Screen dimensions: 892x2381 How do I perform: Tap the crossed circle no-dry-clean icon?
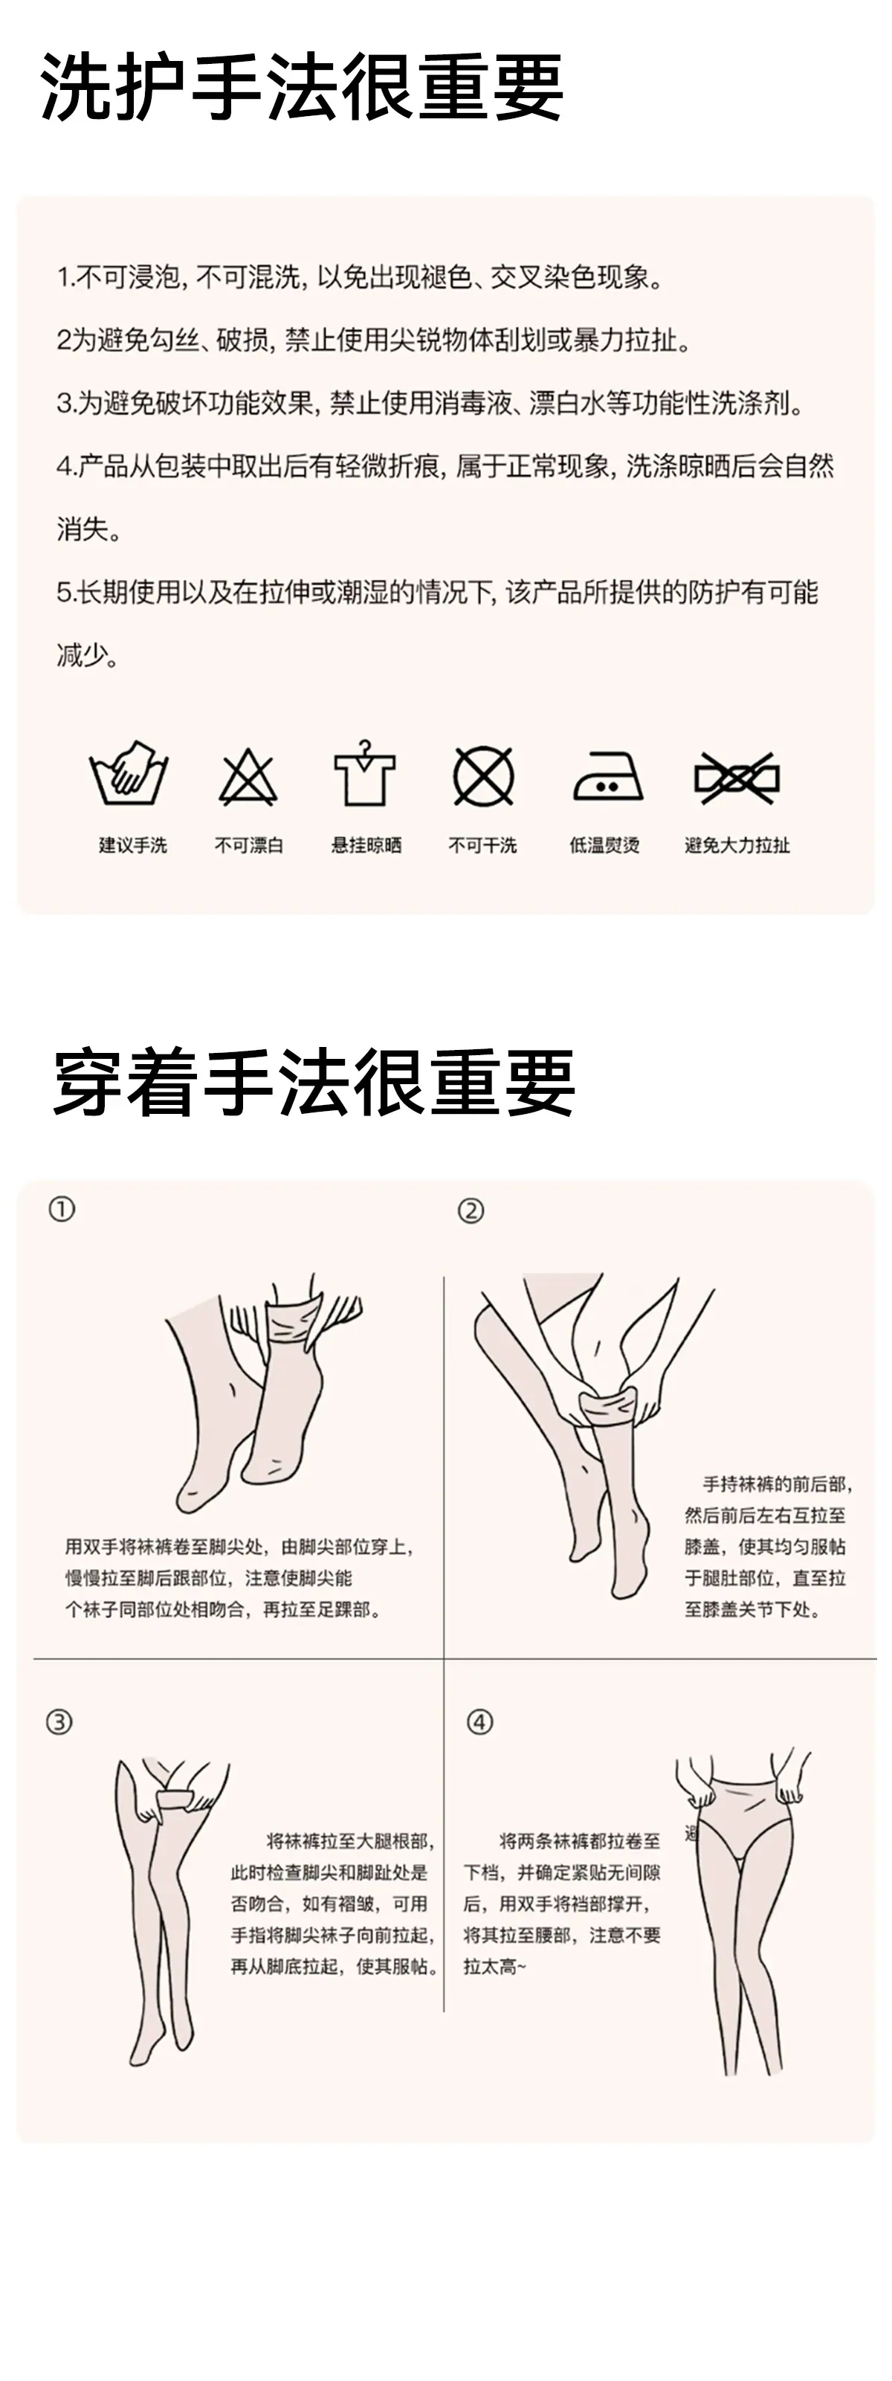coord(483,776)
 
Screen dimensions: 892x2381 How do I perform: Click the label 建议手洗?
coord(133,845)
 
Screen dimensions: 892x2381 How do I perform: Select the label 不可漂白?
coord(249,845)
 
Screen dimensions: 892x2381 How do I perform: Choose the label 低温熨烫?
coord(604,845)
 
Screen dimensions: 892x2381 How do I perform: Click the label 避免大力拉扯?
coord(737,845)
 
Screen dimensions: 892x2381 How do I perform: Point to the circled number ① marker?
coord(62,1209)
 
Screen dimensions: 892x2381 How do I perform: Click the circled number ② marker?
coord(471,1211)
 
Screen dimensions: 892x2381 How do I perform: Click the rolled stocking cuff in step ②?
coord(608,1407)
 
